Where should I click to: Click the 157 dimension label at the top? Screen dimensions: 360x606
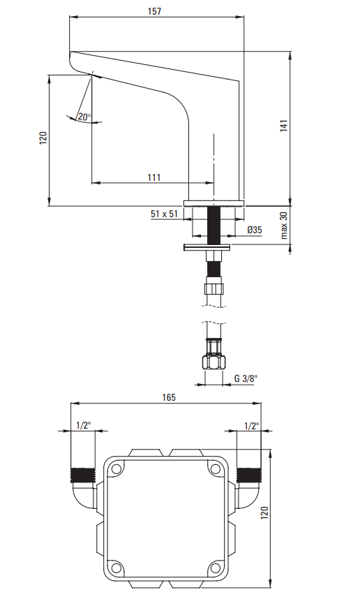(154, 11)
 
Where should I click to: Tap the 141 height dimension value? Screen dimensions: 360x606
(284, 126)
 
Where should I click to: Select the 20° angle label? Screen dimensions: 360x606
(84, 117)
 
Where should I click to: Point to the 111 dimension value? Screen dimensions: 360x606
(153, 177)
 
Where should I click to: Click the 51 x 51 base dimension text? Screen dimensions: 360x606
(164, 214)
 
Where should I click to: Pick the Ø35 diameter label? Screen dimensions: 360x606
(254, 230)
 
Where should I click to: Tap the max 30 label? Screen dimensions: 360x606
(284, 226)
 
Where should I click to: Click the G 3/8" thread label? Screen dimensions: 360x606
(246, 378)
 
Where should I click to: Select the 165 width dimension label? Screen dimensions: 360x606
(168, 397)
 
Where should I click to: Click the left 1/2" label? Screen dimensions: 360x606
(83, 425)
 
